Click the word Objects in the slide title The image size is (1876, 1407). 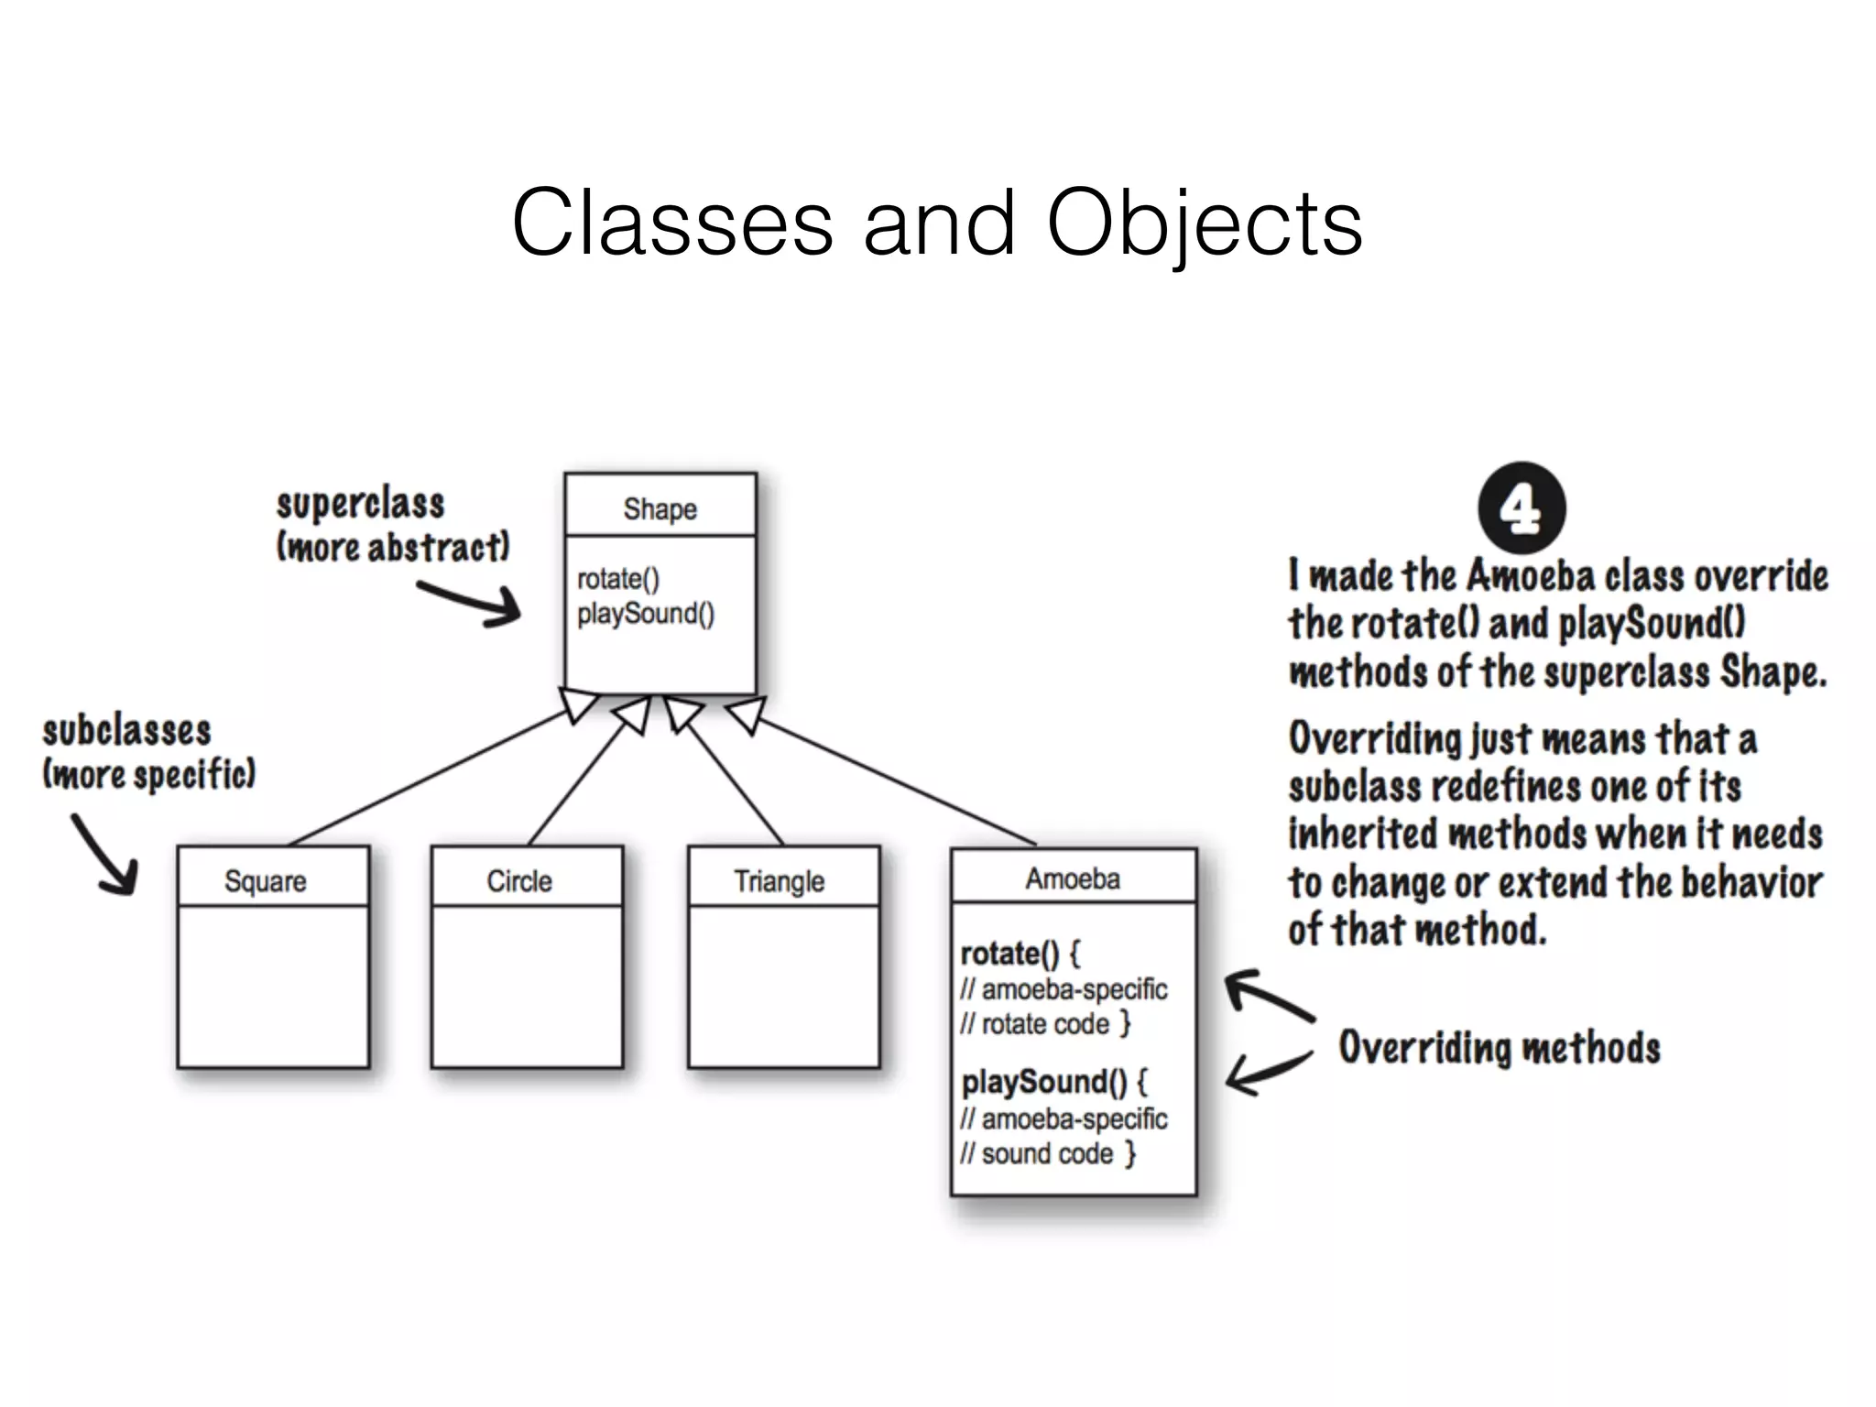pyautogui.click(x=1204, y=223)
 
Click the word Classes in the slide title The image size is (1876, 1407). pyautogui.click(x=672, y=223)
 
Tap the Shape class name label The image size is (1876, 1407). pyautogui.click(x=660, y=508)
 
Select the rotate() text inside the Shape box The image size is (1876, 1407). pyautogui.click(x=618, y=579)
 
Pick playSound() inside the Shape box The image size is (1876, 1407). pyautogui.click(x=646, y=614)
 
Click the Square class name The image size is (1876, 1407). pyautogui.click(x=266, y=881)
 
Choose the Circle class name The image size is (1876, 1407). pyautogui.click(x=519, y=881)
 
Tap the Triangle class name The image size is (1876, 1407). pyautogui.click(x=779, y=881)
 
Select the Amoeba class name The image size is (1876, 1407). pyautogui.click(x=1073, y=878)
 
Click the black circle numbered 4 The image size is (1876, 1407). pyautogui.click(x=1522, y=507)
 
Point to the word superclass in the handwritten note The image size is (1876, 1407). pyautogui.click(x=360, y=505)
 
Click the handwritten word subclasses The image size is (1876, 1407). pyautogui.click(x=126, y=732)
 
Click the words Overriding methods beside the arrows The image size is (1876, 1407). pyautogui.click(x=1499, y=1048)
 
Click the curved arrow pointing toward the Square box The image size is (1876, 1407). pyautogui.click(x=105, y=855)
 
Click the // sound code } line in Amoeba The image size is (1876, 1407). pyautogui.click(x=1048, y=1153)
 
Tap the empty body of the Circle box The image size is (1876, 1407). pyautogui.click(x=527, y=987)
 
